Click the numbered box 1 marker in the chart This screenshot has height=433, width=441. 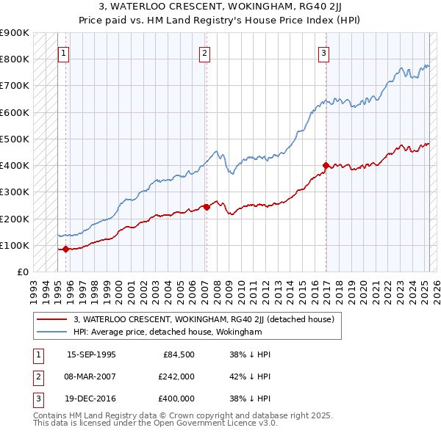tap(64, 53)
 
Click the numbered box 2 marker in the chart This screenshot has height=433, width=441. tap(204, 53)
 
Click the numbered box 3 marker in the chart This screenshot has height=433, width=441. tap(324, 53)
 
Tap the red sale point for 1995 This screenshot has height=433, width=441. tap(65, 249)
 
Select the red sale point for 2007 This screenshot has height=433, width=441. tap(207, 207)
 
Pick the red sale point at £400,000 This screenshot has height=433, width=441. tap(326, 165)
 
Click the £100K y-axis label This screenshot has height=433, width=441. tap(15, 245)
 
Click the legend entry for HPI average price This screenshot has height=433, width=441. tap(168, 332)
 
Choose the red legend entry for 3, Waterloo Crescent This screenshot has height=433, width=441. tap(204, 319)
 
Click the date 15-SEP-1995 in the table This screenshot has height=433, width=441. tap(91, 354)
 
